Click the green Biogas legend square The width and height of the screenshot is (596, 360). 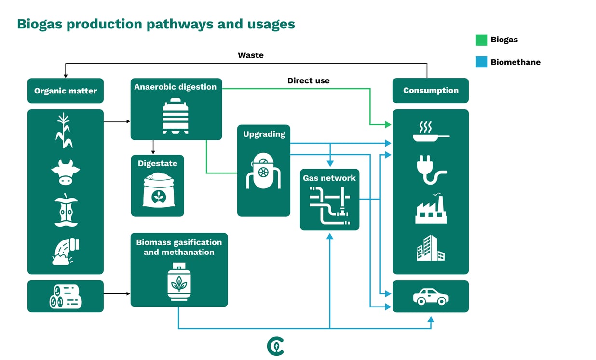click(x=481, y=40)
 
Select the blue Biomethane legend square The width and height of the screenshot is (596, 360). click(x=481, y=62)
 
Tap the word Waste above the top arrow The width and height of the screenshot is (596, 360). click(x=250, y=55)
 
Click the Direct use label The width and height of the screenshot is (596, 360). click(x=308, y=80)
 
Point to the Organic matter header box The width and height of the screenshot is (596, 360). click(x=66, y=91)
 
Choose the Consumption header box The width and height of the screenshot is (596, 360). click(x=430, y=91)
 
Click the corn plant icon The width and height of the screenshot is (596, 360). click(x=64, y=131)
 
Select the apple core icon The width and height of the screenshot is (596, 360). click(x=66, y=210)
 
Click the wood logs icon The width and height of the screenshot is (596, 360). click(x=66, y=296)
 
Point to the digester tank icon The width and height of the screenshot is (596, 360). click(x=176, y=116)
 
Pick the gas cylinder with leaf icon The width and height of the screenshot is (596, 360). click(x=179, y=282)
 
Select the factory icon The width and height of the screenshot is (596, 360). click(x=431, y=209)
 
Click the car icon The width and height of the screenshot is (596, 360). click(x=431, y=296)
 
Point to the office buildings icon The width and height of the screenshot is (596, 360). click(x=430, y=248)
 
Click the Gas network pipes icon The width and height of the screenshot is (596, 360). click(x=330, y=206)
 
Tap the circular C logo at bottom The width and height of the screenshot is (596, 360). click(x=275, y=346)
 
